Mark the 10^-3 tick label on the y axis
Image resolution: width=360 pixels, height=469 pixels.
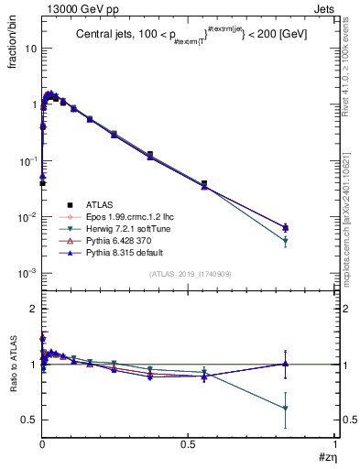coord(27,274)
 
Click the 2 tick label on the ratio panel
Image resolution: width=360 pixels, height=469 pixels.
coord(32,309)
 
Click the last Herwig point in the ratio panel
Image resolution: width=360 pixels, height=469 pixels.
coord(286,409)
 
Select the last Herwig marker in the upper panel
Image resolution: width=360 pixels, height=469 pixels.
coord(286,241)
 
